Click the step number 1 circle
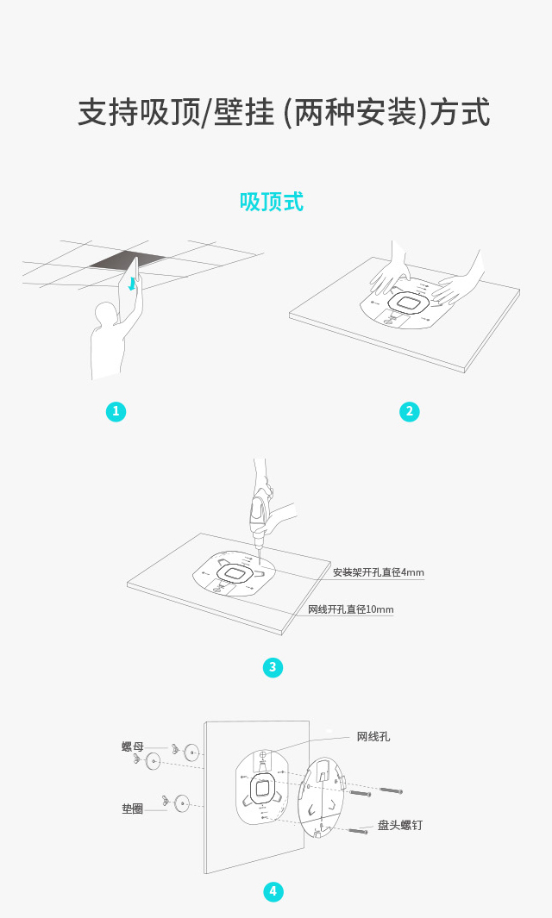pos(116,411)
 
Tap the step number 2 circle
pos(409,411)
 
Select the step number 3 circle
pos(273,667)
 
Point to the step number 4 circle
pos(273,891)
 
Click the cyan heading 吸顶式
pos(272,202)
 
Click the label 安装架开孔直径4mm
pos(379,572)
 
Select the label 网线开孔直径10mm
pos(351,609)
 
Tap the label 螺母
pos(133,746)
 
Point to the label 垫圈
pos(133,809)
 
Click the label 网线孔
pos(373,736)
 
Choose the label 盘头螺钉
pos(399,825)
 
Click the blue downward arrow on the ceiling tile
pos(133,284)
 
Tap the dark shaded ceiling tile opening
pos(129,260)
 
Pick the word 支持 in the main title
pos(109,112)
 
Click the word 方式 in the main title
pos(460,112)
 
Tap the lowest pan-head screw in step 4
pos(358,829)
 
